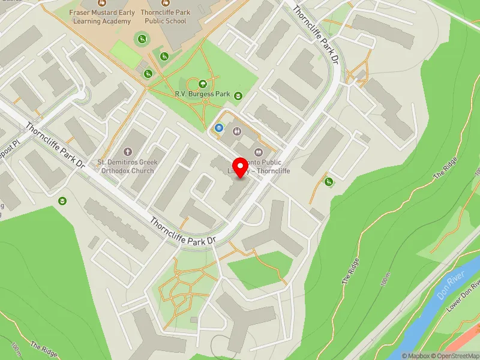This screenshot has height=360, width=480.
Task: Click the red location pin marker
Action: pos(241,167)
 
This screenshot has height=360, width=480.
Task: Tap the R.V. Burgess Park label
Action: pos(202,94)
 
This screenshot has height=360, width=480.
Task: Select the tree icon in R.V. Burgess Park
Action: pos(203,84)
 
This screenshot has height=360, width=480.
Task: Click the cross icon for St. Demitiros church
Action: pos(127,152)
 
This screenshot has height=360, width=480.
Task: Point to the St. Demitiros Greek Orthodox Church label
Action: pos(127,166)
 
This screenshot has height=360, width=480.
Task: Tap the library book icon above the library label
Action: pos(259,151)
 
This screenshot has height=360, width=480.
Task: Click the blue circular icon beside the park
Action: pos(219,127)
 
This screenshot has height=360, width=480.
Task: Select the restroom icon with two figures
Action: pos(236,131)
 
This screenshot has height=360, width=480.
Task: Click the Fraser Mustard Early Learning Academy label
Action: pos(100,17)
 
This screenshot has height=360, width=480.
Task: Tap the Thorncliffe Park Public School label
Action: pos(164,17)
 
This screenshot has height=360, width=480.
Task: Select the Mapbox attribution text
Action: pos(415,355)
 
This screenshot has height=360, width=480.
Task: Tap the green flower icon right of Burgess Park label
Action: pos(238,95)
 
